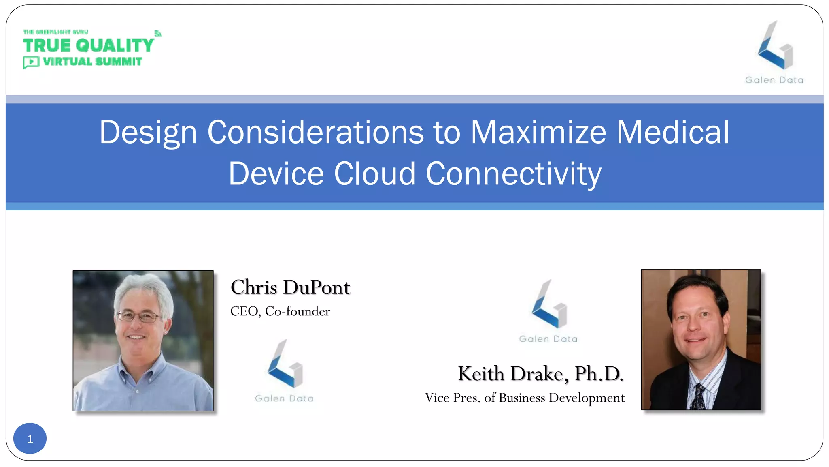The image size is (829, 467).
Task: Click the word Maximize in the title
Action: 538,133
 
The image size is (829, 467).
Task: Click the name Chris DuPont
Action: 290,287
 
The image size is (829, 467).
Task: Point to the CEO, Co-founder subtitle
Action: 280,311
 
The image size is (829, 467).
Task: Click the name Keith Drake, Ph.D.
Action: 540,374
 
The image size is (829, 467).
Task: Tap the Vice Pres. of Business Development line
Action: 525,398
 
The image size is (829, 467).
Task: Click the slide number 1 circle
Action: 30,439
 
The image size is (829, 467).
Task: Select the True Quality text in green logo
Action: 88,45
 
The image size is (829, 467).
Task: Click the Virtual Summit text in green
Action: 92,62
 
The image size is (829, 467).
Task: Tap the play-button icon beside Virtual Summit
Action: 31,62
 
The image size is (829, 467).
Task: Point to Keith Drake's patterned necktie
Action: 699,397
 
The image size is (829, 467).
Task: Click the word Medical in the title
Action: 672,133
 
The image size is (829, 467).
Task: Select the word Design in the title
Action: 148,133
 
